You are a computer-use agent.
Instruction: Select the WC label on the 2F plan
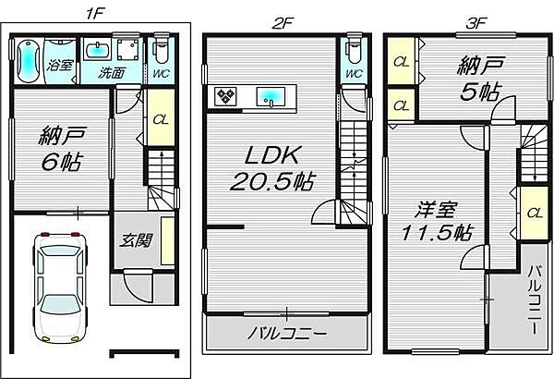(352, 75)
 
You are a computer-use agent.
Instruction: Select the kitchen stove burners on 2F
(226, 94)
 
